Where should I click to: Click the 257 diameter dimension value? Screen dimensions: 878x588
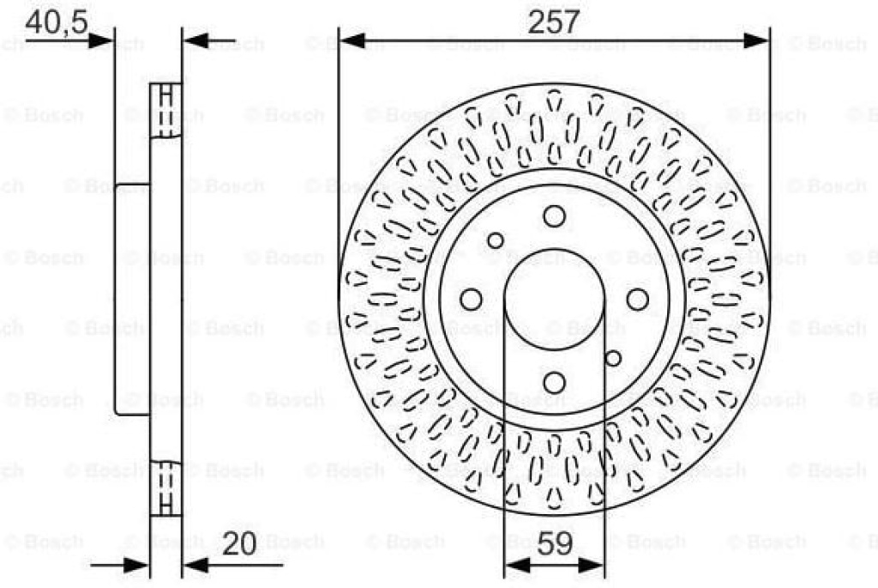pos(553,21)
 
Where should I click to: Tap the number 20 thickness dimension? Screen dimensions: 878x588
pos(239,543)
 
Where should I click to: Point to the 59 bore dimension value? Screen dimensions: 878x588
pos(555,543)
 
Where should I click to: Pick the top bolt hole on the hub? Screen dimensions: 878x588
pos(555,216)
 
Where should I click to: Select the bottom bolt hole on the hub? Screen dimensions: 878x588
pos(555,383)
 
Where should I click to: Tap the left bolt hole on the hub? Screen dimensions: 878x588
pos(471,300)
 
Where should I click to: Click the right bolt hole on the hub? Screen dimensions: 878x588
pos(637,300)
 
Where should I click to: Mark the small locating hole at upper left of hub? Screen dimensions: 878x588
pos(496,240)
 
